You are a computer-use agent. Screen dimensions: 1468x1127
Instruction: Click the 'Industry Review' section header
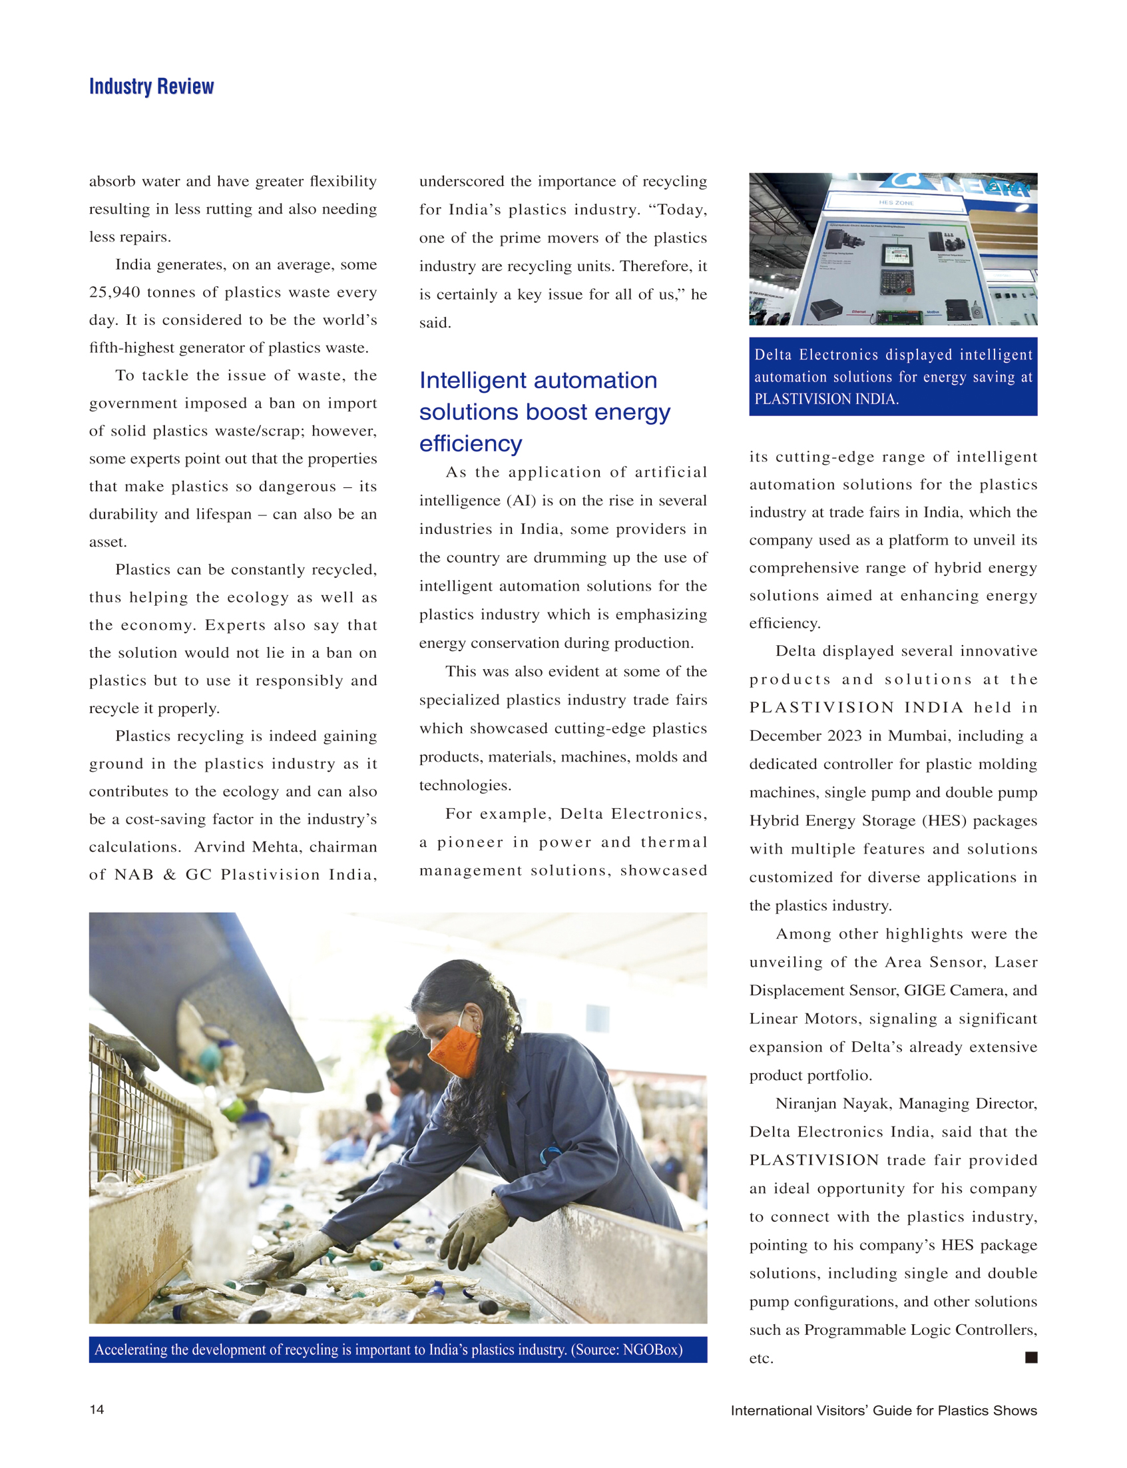click(x=151, y=87)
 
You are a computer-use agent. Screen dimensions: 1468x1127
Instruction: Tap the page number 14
click(x=97, y=1408)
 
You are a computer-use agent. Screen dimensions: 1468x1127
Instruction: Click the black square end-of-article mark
click(x=1031, y=1357)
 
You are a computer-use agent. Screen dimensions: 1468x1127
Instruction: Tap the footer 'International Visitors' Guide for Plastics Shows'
click(x=883, y=1409)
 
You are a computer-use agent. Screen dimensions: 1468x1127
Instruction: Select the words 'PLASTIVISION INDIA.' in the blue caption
click(x=826, y=399)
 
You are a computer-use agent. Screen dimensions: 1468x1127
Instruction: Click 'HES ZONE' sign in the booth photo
click(x=895, y=202)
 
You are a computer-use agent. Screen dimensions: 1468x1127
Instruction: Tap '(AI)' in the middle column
click(x=522, y=501)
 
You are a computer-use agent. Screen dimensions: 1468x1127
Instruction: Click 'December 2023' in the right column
click(x=805, y=736)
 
